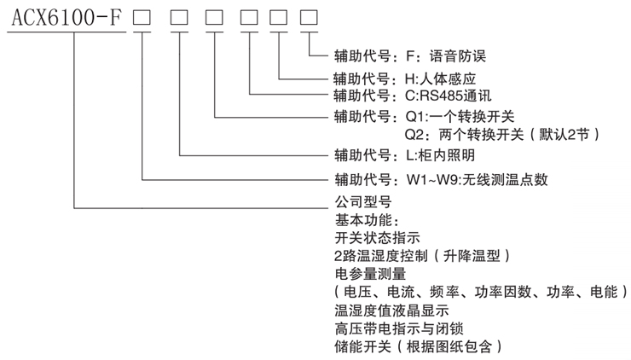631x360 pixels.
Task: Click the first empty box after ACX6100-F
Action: [x=142, y=17]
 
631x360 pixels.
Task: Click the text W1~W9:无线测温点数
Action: [x=477, y=180]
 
